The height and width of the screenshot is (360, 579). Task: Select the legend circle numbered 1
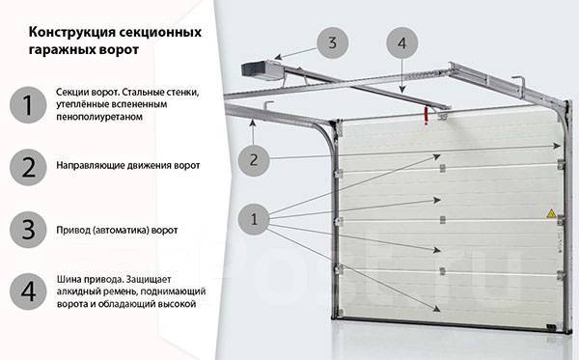tap(28, 105)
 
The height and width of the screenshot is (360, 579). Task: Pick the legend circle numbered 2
tap(28, 167)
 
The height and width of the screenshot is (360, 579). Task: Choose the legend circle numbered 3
tap(28, 230)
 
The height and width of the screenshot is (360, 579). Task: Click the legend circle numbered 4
tap(28, 291)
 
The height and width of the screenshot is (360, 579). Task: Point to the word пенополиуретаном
tap(99, 117)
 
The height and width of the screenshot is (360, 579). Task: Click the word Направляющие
tap(91, 165)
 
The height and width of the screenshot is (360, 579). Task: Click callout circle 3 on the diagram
tap(332, 42)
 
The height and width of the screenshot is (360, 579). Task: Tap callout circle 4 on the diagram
tap(402, 42)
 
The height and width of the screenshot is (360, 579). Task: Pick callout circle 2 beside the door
tap(254, 160)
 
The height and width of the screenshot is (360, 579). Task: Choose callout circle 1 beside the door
tap(254, 219)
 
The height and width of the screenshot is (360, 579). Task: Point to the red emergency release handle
tap(427, 115)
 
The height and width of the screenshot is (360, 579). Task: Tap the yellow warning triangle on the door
tap(551, 213)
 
